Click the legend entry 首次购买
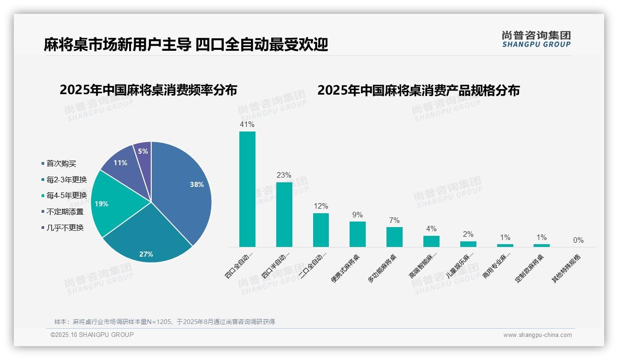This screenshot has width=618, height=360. pos(61,163)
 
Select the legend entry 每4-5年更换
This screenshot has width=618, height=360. pos(66,196)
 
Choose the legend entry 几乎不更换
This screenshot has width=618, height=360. pos(65,228)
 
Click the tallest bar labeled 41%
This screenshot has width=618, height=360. pos(247,189)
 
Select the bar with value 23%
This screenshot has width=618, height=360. pos(284,215)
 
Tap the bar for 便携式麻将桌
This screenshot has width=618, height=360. pos(357,234)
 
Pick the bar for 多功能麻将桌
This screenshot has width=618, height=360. pos(394,237)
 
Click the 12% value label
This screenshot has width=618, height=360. pos(321,206)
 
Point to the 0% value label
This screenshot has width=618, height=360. pos(578,240)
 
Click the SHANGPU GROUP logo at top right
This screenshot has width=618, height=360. pos(536,39)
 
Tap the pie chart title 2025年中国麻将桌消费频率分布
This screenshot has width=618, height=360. pos(148,90)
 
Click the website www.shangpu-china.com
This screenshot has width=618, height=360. pos(537,335)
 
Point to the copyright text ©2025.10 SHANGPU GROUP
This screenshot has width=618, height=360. pos(92,335)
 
